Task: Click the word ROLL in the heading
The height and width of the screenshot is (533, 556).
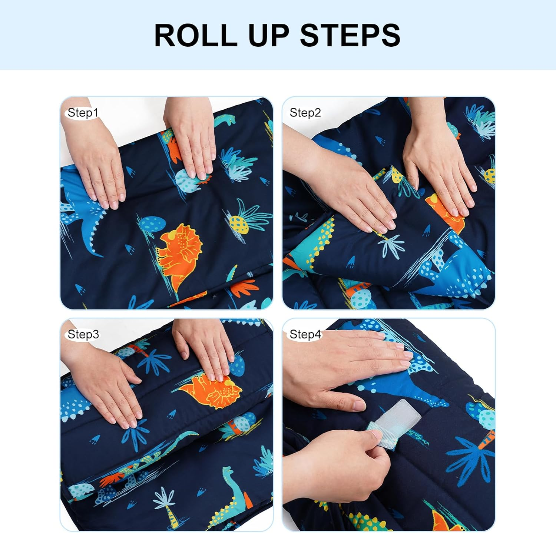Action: (x=195, y=35)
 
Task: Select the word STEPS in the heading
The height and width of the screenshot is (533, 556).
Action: (x=350, y=35)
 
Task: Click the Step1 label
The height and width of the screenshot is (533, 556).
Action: (x=83, y=113)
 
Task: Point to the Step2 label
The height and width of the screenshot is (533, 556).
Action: (x=305, y=113)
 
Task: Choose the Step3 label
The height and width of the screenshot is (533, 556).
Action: (x=83, y=334)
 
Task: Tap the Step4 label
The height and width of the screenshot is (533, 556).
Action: (x=305, y=334)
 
